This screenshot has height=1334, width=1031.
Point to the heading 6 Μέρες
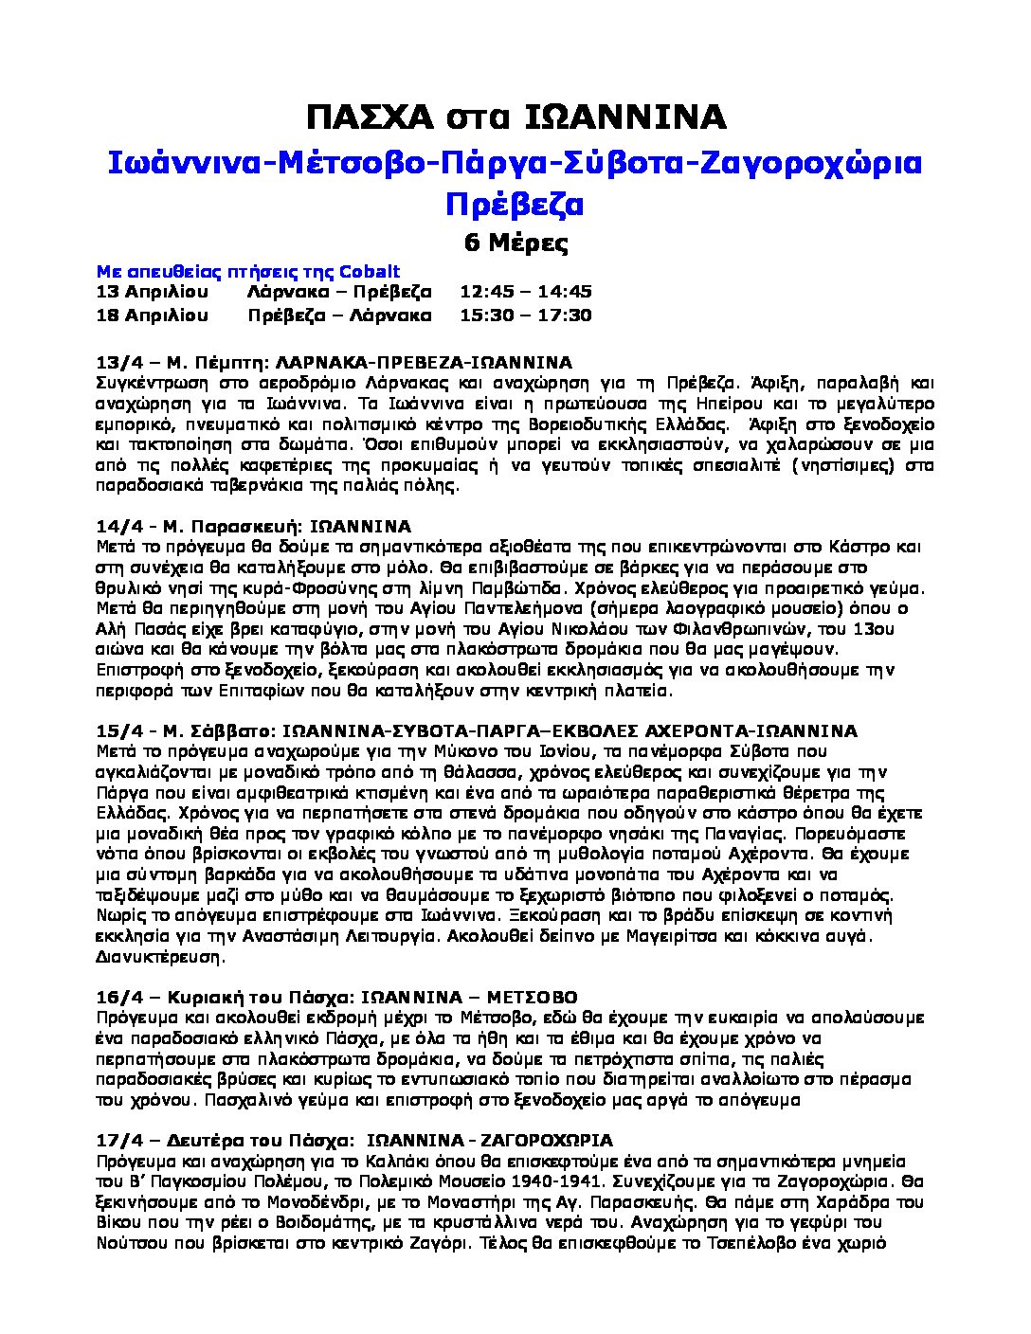pyautogui.click(x=515, y=243)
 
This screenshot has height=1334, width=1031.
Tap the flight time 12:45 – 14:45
pyautogui.click(x=526, y=292)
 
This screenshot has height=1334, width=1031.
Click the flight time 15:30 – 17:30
pyautogui.click(x=526, y=315)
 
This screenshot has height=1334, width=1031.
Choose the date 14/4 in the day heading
pyautogui.click(x=117, y=526)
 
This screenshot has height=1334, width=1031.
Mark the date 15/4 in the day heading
pyautogui.click(x=117, y=730)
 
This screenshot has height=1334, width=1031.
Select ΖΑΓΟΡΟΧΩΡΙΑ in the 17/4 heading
pyautogui.click(x=548, y=1140)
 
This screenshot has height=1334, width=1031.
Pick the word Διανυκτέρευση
pyautogui.click(x=160, y=957)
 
